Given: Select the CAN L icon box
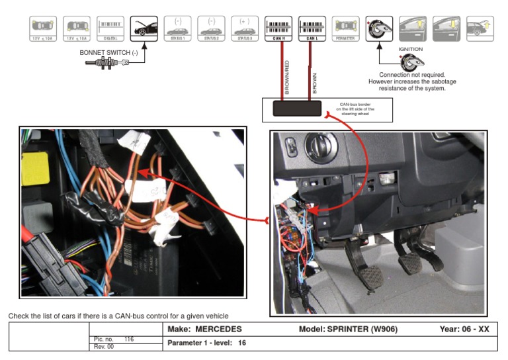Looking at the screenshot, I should point(312,28).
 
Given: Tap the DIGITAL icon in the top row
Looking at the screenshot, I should point(110,28).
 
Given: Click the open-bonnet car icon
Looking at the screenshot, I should point(144,28).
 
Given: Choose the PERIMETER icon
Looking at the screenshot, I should point(346,28).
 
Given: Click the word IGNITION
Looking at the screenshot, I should point(410,49).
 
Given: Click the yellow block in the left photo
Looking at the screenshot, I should point(35,169).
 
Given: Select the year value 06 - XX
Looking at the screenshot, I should point(474,330).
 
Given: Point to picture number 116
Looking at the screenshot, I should point(129,339).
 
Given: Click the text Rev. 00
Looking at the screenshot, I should point(104,346).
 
